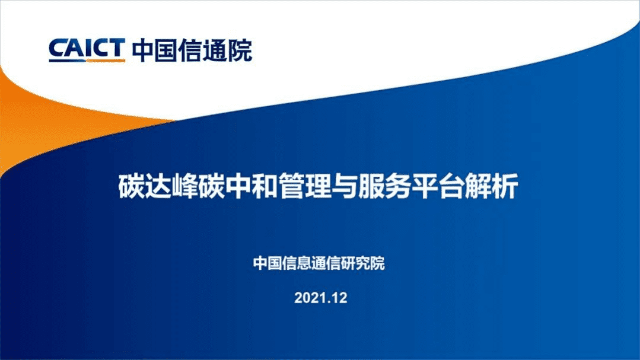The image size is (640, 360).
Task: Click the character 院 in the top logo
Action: [241, 50]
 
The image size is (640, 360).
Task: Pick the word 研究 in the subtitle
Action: [355, 263]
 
